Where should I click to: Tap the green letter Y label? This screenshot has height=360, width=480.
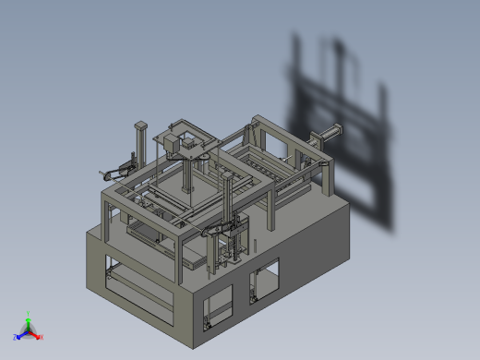pos(29,313)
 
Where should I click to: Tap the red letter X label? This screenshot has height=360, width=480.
pos(42,338)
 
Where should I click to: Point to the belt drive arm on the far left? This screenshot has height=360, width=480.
pos(115,170)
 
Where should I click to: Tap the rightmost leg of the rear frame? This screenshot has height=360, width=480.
pos(329,179)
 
